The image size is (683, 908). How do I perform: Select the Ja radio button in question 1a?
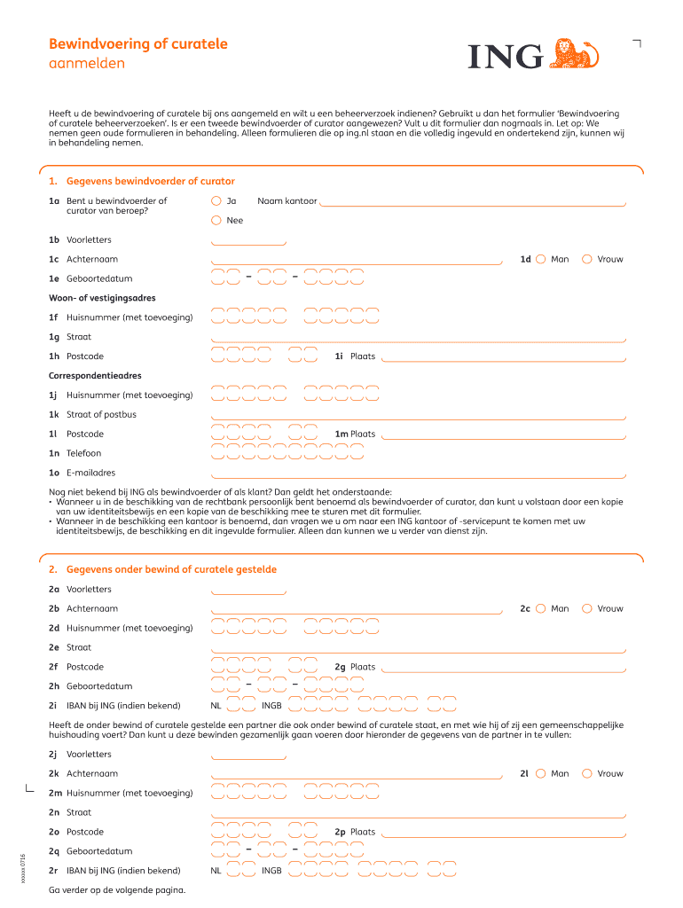(x=216, y=200)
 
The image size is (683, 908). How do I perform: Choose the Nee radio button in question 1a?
(x=216, y=220)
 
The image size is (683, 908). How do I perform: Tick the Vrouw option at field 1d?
(x=586, y=259)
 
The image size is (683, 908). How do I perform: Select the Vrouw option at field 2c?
(x=586, y=608)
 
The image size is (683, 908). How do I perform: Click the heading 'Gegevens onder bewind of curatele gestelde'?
(x=171, y=569)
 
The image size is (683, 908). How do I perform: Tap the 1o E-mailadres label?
(x=82, y=473)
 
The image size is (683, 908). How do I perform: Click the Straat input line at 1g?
(x=418, y=338)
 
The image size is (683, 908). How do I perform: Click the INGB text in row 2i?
(x=271, y=706)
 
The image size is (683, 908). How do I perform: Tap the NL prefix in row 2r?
(x=216, y=871)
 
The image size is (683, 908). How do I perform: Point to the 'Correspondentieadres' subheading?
(x=95, y=376)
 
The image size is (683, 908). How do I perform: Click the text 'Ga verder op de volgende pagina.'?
(x=117, y=889)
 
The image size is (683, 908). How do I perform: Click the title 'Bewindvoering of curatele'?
(x=137, y=44)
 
